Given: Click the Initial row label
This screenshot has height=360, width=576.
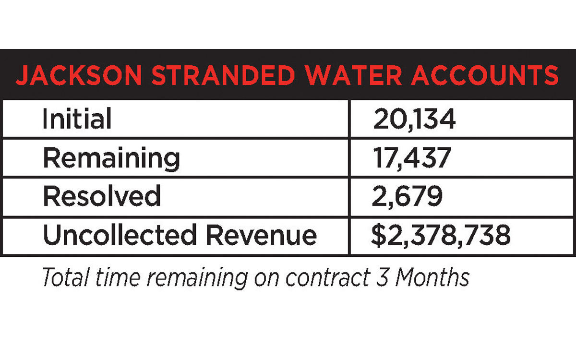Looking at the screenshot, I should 77,119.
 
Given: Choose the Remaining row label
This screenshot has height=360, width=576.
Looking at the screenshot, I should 111,158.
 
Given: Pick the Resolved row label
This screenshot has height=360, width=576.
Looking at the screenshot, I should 102,196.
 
